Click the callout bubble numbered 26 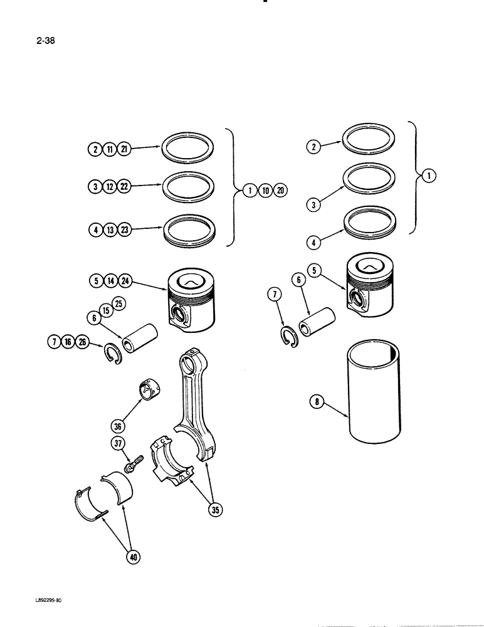tap(83, 342)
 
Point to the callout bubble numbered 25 tap(118, 304)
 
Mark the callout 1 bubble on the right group tap(428, 176)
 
